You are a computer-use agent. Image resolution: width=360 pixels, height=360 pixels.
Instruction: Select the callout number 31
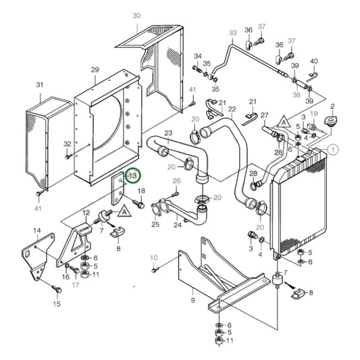click(x=40, y=85)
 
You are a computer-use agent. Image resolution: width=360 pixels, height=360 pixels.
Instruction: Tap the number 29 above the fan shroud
click(x=95, y=70)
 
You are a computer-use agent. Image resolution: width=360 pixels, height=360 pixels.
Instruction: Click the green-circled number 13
click(x=132, y=176)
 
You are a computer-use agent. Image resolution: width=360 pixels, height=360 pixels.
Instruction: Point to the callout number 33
click(x=233, y=32)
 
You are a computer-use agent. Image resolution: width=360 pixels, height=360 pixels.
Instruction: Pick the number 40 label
click(x=313, y=62)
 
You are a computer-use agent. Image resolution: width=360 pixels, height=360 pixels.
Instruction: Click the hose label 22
click(x=232, y=109)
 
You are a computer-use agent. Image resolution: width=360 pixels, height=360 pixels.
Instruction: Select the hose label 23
click(x=168, y=133)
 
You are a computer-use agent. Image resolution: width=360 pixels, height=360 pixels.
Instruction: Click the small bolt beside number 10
click(x=154, y=269)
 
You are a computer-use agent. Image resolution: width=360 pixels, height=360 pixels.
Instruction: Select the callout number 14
click(x=38, y=231)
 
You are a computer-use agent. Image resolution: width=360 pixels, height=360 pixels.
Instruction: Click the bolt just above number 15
click(x=57, y=290)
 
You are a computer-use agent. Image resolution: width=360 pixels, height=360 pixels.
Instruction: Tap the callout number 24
click(x=178, y=225)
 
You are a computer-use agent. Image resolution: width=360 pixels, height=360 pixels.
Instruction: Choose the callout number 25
click(x=155, y=225)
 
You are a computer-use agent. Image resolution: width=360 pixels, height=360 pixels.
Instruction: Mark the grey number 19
click(x=313, y=114)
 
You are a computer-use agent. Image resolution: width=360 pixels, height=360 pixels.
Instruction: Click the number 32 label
click(x=68, y=144)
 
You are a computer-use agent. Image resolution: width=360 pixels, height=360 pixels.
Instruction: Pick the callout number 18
click(x=141, y=192)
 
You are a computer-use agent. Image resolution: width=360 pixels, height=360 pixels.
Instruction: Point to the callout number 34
click(x=198, y=56)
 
